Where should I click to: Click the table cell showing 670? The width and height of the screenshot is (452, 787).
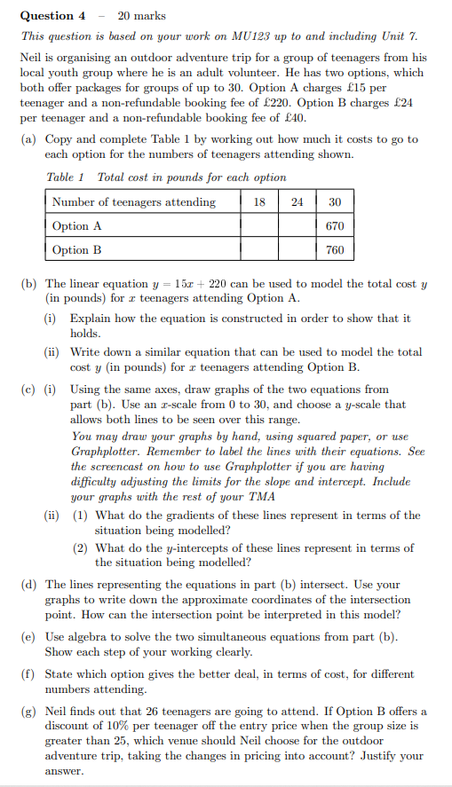[x=335, y=226]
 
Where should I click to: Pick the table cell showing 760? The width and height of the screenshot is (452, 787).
[x=335, y=250]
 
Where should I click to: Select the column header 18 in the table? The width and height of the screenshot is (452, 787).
[x=259, y=202]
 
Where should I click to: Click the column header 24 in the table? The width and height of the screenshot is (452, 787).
[x=297, y=202]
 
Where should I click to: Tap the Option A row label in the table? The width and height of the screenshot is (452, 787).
[x=77, y=226]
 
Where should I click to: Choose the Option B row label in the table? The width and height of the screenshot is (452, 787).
[x=77, y=250]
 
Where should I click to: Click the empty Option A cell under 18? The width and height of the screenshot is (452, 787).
[x=259, y=226]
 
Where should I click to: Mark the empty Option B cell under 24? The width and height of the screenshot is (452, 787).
[x=297, y=250]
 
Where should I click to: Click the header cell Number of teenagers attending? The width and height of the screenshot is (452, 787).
[x=134, y=202]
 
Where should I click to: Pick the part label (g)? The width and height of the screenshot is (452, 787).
[x=29, y=712]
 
